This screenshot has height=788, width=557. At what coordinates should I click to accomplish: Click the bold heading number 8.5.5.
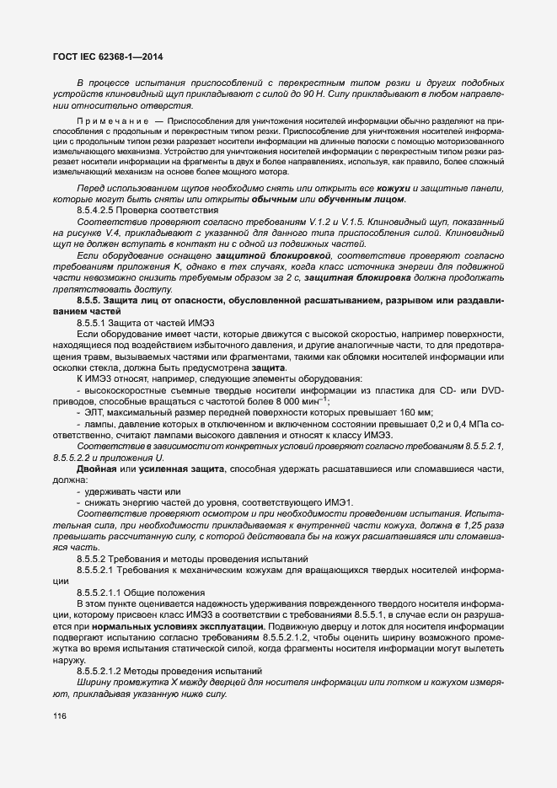[x=94, y=299]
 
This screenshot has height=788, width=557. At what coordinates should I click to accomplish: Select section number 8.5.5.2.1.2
[x=107, y=670]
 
